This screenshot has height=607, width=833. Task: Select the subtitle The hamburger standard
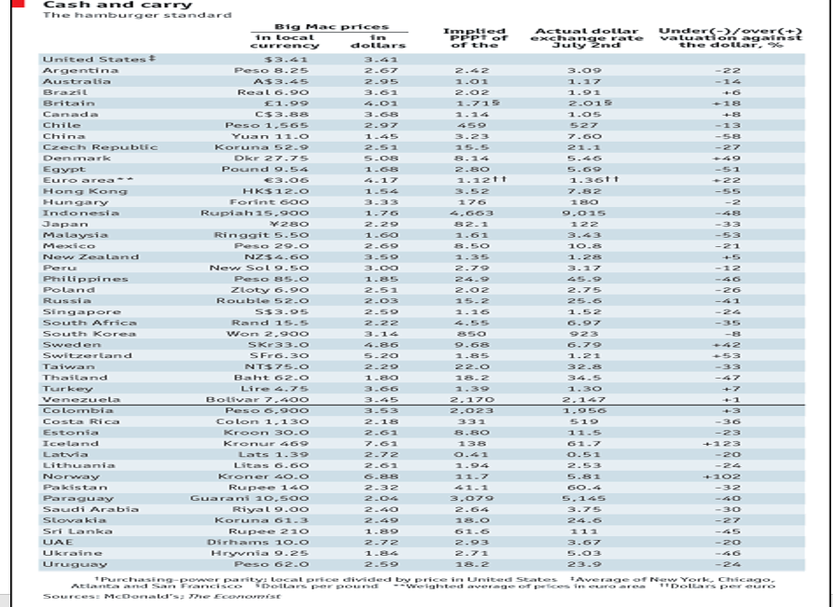[x=137, y=16]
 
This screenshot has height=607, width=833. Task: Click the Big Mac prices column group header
[x=331, y=27]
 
